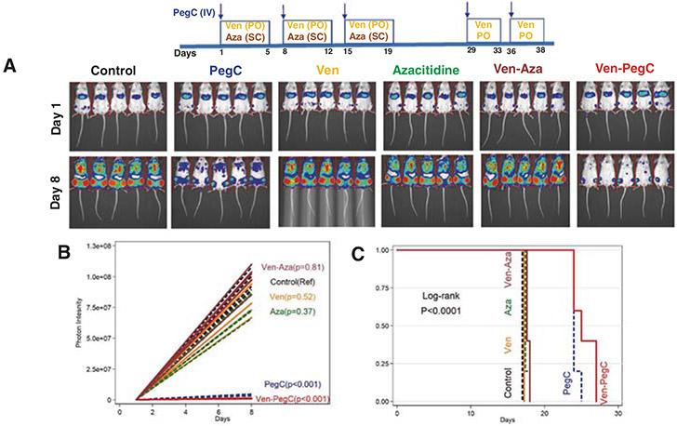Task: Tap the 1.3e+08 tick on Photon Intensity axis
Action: click(x=110, y=244)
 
